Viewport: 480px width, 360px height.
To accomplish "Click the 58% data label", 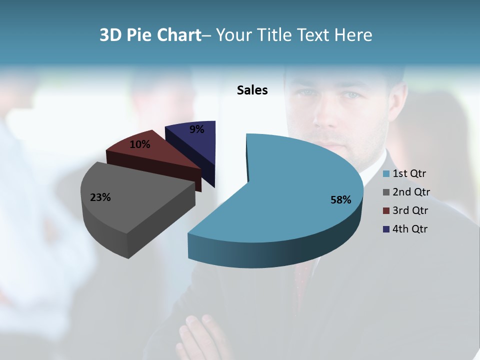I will click(x=341, y=200).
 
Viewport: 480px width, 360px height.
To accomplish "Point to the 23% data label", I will click(x=100, y=197).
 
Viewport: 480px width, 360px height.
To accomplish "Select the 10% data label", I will click(x=139, y=144).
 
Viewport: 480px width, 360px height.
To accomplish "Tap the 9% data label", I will click(x=197, y=129).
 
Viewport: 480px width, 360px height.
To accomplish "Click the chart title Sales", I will click(x=252, y=90).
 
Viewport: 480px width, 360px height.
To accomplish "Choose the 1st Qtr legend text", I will click(x=409, y=174).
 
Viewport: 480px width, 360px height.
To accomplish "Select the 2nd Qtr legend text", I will click(x=411, y=192).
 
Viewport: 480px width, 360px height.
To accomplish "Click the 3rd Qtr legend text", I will click(x=410, y=210).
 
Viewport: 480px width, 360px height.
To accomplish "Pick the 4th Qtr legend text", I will click(x=410, y=229).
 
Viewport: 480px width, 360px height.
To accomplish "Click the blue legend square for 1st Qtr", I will click(x=386, y=174).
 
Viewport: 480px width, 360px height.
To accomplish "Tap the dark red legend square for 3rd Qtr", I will click(x=386, y=210).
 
